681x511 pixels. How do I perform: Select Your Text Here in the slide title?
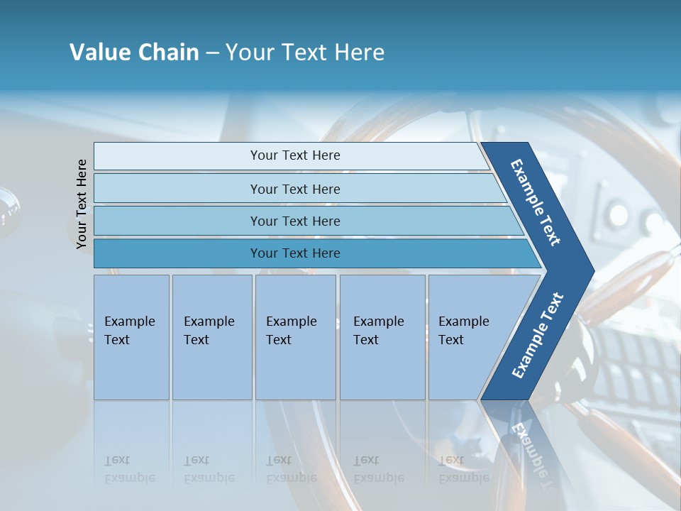click(305, 53)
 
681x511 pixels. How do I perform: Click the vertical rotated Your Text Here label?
click(82, 204)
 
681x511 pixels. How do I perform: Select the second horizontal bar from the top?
click(294, 189)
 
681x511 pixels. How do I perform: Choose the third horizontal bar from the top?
click(294, 221)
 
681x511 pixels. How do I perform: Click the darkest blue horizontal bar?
click(294, 253)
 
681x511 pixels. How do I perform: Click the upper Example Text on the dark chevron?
click(536, 202)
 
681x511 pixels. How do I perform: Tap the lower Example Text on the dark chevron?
click(538, 335)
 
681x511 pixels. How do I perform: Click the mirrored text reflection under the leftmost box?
click(129, 469)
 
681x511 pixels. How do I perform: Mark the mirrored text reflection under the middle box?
click(291, 469)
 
